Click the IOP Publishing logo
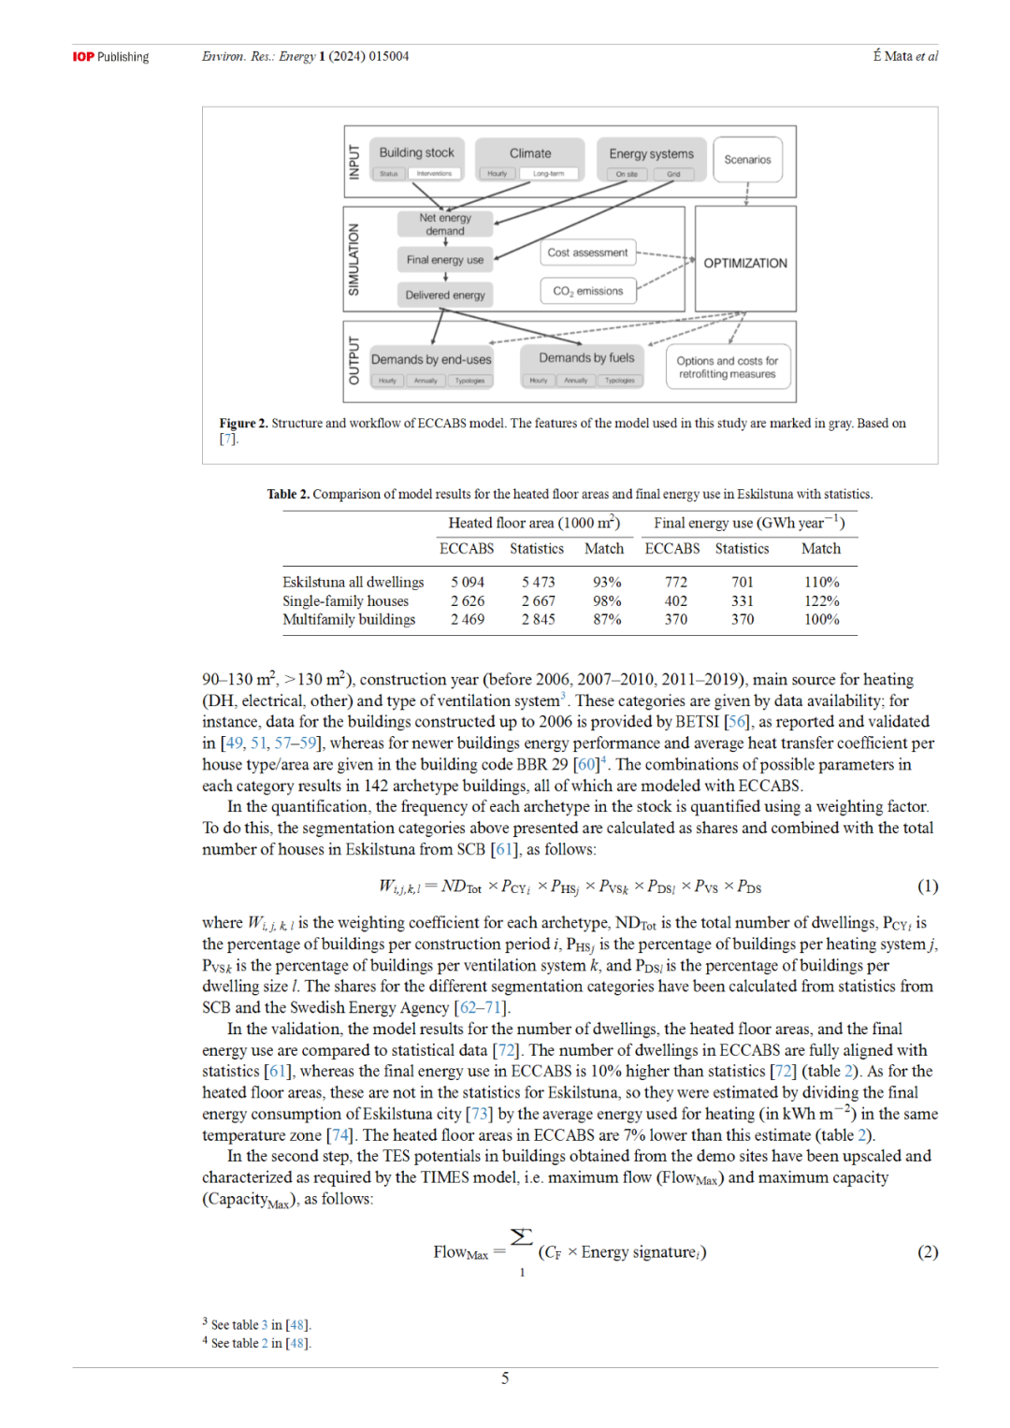[x=110, y=57]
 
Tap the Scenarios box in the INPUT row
[x=747, y=160]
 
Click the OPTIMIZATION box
[x=745, y=263]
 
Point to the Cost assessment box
[x=587, y=252]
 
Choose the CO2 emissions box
[x=587, y=291]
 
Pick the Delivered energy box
[x=445, y=295]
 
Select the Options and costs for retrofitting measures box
[x=727, y=368]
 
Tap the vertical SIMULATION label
[x=353, y=259]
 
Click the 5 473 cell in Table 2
[x=538, y=582]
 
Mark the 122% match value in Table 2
[x=821, y=601]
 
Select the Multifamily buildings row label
[x=349, y=619]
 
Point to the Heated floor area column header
[x=533, y=523]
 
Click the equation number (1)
[x=927, y=886]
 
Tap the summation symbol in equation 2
[x=522, y=1237]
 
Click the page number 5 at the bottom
[x=505, y=1378]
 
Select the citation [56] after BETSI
[x=737, y=722]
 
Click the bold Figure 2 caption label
[x=243, y=424]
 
